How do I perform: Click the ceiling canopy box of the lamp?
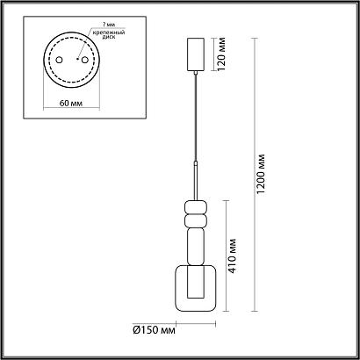click(195, 56)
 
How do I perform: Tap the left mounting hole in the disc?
click(57, 62)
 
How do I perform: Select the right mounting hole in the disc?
click(85, 62)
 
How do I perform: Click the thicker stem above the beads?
click(195, 180)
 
